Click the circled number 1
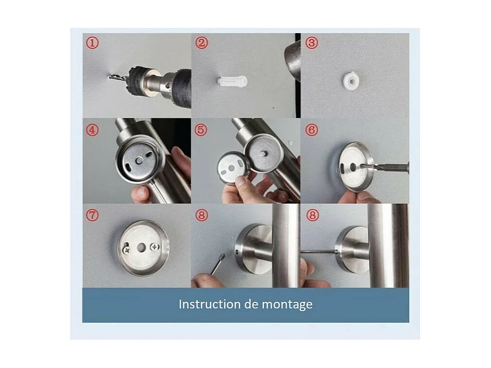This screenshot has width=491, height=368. click(x=92, y=43)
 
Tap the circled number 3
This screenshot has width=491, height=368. click(x=311, y=43)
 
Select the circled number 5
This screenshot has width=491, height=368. click(x=201, y=129)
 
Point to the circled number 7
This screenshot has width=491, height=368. click(x=92, y=215)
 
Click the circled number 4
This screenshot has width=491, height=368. click(x=92, y=129)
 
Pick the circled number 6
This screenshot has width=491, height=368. click(x=311, y=129)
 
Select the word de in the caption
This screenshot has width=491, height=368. click(x=247, y=304)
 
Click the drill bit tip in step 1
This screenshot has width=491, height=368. click(x=109, y=77)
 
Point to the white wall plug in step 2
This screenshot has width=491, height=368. click(x=232, y=82)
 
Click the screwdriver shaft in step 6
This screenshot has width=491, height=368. click(x=384, y=166)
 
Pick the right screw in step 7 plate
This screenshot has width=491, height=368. click(x=155, y=247)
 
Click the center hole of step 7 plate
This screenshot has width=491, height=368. click(x=141, y=248)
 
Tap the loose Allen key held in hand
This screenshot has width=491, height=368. click(x=218, y=264)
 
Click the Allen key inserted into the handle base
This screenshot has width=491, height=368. click(x=318, y=251)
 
